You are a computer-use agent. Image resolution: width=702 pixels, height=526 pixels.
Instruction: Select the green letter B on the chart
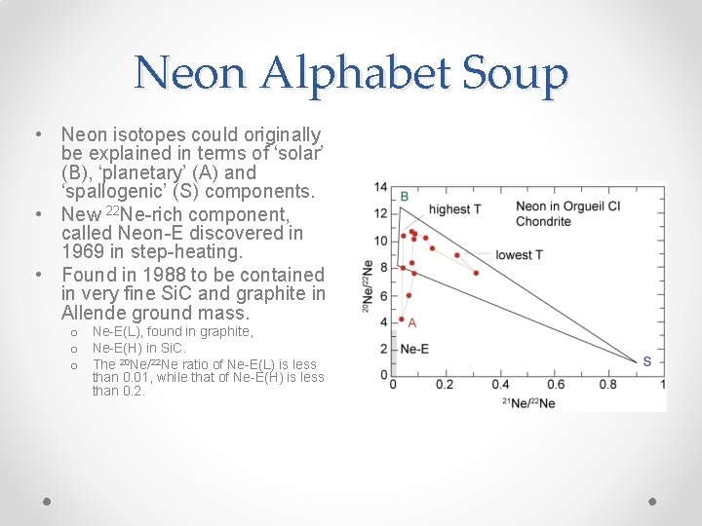click(x=405, y=198)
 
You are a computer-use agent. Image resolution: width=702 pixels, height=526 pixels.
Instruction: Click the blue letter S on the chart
click(x=646, y=361)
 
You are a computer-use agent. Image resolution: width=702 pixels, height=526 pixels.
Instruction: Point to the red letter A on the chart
click(x=411, y=322)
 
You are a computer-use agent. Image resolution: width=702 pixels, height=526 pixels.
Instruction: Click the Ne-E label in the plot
click(x=414, y=349)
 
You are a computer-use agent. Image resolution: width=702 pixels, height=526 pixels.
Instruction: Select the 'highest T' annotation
click(x=455, y=209)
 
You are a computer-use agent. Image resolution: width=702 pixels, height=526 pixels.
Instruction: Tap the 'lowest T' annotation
click(x=519, y=255)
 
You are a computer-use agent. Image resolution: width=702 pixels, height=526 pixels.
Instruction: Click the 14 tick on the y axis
click(x=380, y=187)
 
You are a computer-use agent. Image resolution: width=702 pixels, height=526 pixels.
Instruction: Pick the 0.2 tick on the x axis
click(x=444, y=385)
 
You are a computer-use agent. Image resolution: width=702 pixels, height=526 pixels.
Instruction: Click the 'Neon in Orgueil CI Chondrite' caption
click(x=553, y=213)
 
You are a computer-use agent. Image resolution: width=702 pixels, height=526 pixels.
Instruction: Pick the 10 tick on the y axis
click(x=380, y=241)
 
